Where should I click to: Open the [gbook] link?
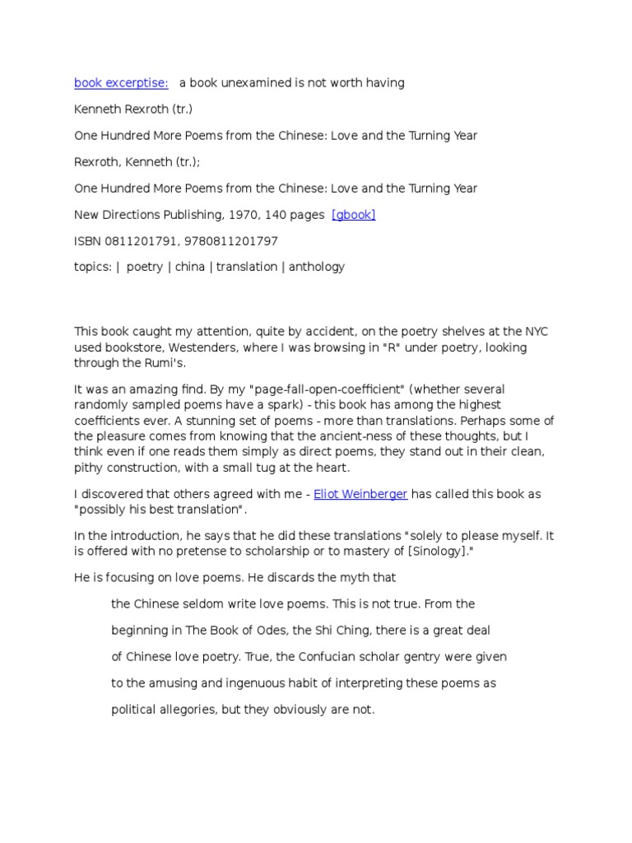click(353, 215)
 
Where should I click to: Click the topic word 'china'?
click(190, 267)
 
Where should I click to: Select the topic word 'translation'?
click(249, 267)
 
